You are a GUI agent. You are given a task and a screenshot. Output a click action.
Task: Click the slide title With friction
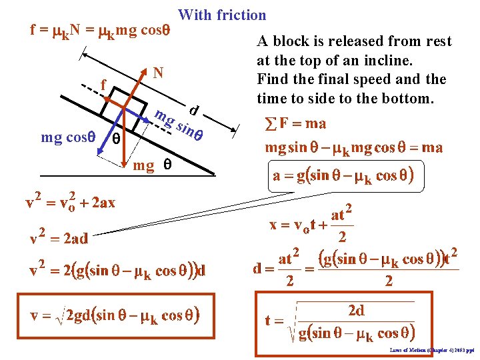(222, 15)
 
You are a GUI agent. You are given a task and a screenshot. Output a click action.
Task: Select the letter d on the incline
(193, 109)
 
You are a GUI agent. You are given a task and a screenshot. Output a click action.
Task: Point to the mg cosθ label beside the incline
(67, 138)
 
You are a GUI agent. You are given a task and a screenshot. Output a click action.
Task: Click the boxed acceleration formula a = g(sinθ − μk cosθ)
(344, 176)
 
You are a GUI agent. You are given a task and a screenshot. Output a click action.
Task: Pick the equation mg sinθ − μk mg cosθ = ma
(353, 147)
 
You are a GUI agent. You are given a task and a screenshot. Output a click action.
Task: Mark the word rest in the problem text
(438, 41)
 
